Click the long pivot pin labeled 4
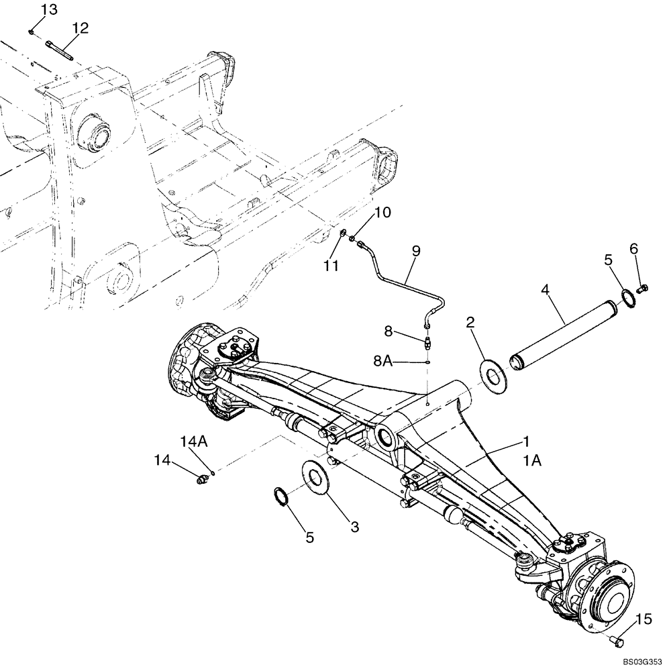coord(564,329)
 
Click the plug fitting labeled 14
coord(199,479)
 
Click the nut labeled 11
coord(342,234)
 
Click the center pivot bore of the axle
coord(387,440)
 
